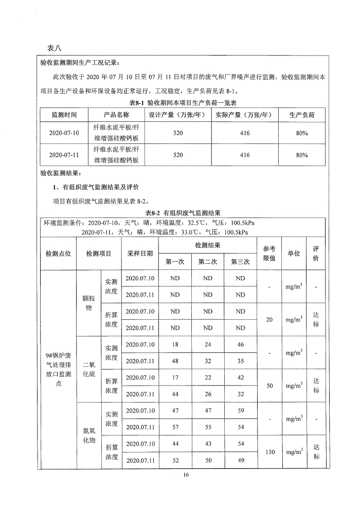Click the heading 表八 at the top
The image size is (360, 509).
point(54,48)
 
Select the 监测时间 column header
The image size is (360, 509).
point(64,115)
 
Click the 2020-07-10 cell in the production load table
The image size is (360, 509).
point(64,133)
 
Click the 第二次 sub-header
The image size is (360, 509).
point(208,262)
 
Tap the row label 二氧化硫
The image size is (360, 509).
point(89,369)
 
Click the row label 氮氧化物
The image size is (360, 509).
point(89,434)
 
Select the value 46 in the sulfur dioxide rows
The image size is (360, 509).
point(241,344)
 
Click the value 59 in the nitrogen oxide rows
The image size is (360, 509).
point(241,410)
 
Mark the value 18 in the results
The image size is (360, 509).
point(175,344)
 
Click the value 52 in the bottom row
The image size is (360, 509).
point(175,460)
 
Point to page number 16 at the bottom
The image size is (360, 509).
point(186,475)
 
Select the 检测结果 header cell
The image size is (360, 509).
point(208,245)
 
